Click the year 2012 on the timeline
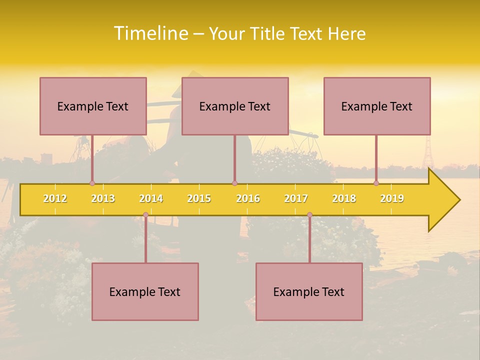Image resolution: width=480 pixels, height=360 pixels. pyautogui.click(x=55, y=198)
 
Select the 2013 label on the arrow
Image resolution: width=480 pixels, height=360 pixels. pyautogui.click(x=103, y=198)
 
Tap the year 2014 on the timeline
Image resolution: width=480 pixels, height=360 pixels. pyautogui.click(x=151, y=198)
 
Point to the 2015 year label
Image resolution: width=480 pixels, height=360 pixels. pyautogui.click(x=199, y=198)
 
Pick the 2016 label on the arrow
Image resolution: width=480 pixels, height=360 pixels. pyautogui.click(x=248, y=198)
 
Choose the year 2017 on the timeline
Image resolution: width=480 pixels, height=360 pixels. pyautogui.click(x=296, y=198)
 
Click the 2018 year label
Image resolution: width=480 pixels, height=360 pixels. pyautogui.click(x=344, y=198)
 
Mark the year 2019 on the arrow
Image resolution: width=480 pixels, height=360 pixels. pyautogui.click(x=392, y=198)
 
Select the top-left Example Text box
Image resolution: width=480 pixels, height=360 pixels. pyautogui.click(x=93, y=106)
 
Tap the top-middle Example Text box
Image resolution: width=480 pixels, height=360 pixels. pyautogui.click(x=235, y=106)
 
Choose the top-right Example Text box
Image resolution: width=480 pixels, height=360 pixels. pyautogui.click(x=377, y=106)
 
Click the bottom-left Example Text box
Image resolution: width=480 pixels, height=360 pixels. pyautogui.click(x=145, y=291)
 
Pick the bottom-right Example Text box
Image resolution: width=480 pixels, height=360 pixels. pyautogui.click(x=309, y=291)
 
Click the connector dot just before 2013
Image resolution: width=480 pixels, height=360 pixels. pyautogui.click(x=92, y=183)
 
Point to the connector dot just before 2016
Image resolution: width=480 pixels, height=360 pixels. pyautogui.click(x=234, y=183)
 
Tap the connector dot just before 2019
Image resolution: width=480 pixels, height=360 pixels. pyautogui.click(x=376, y=183)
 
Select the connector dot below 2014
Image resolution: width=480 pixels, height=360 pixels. pyautogui.click(x=145, y=215)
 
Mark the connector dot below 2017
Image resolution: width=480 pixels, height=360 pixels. pyautogui.click(x=309, y=215)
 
